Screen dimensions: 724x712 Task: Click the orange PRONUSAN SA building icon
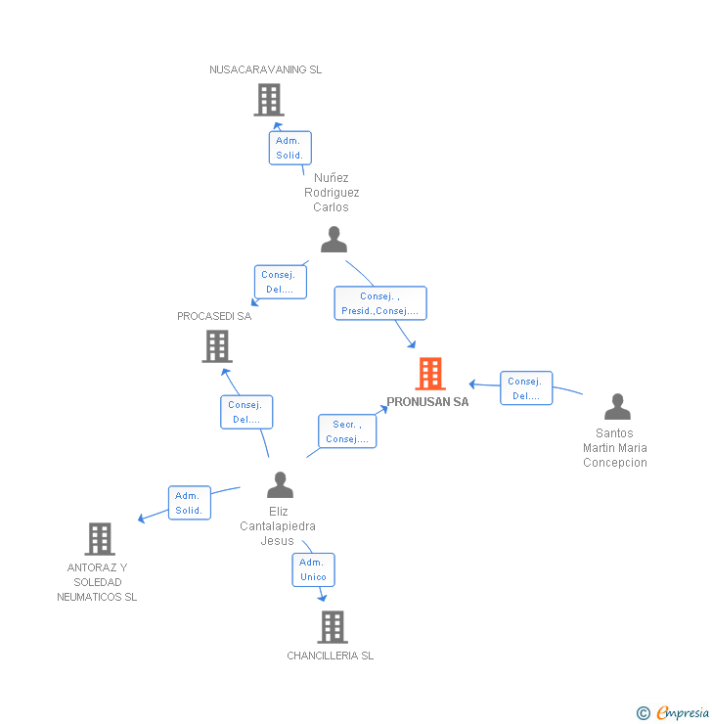pos(430,374)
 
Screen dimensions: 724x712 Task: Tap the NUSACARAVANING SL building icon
pos(268,100)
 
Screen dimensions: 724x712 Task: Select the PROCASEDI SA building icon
pos(217,346)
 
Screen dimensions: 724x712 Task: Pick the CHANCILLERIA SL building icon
pos(333,627)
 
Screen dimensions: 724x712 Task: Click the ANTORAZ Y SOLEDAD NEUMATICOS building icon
pos(100,539)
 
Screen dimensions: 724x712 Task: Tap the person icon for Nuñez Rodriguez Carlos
pos(334,240)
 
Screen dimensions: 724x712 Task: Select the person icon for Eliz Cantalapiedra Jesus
pos(281,485)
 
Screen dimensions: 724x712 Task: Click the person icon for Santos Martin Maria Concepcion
pos(617,407)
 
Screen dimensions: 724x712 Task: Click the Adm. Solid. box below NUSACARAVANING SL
pos(290,148)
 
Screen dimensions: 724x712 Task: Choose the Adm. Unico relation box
pos(313,569)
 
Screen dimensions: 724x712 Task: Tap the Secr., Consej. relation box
pos(347,431)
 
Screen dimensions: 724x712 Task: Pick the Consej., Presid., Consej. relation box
pos(379,303)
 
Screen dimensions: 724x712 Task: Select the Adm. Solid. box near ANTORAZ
pos(189,503)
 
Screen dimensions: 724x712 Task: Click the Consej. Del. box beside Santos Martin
pos(526,388)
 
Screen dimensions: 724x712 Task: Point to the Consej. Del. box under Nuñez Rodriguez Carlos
pos(280,283)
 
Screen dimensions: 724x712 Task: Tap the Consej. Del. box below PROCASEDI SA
pos(246,412)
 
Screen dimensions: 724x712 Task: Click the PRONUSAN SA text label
pos(427,402)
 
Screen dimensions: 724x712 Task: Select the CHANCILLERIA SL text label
pos(331,656)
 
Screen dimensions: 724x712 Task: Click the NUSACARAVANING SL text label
pos(265,69)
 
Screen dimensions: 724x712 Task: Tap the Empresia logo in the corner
pos(675,713)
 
